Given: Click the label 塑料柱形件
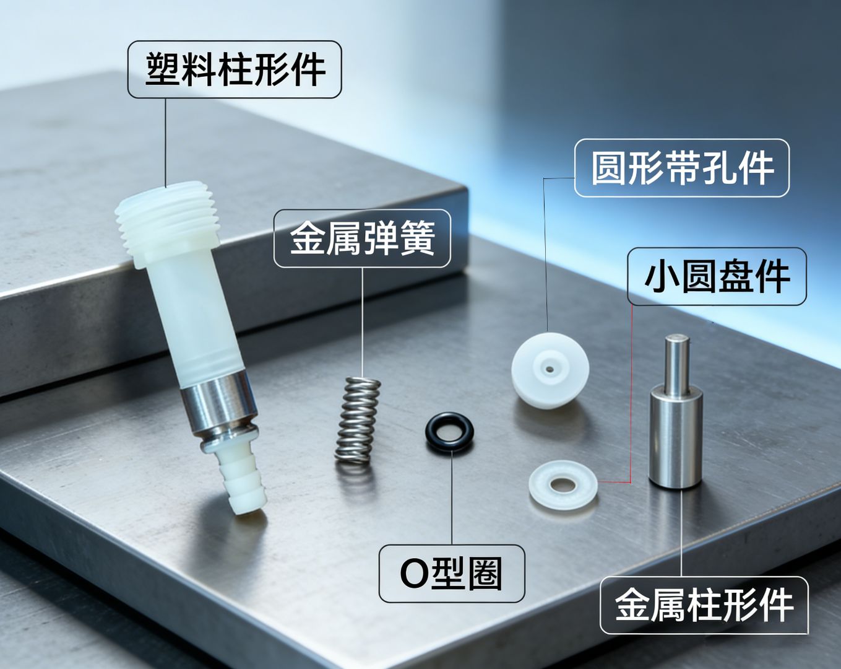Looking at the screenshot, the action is tap(235, 69).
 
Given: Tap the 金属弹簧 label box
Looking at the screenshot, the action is tap(362, 238).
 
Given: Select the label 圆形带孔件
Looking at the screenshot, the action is tap(681, 168).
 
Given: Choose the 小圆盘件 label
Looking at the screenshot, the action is tap(717, 276).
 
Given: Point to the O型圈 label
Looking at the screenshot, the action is tap(451, 574).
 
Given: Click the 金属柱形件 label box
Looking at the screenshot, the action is tap(704, 605).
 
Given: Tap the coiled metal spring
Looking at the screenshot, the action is tap(358, 421).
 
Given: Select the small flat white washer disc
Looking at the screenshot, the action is tap(563, 486).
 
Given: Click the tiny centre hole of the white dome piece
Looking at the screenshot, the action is tap(550, 369).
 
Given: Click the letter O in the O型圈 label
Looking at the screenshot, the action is tap(413, 574).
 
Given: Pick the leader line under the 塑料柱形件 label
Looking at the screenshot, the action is tap(165, 142).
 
